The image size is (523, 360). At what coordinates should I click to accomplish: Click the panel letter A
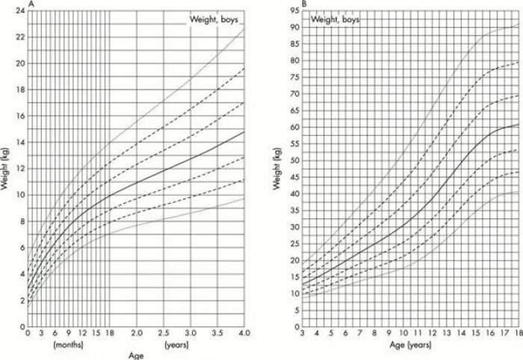[x=31, y=5]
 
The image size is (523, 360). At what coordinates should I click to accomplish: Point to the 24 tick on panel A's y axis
[x=20, y=10]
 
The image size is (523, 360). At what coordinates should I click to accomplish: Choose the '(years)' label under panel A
[x=176, y=346]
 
